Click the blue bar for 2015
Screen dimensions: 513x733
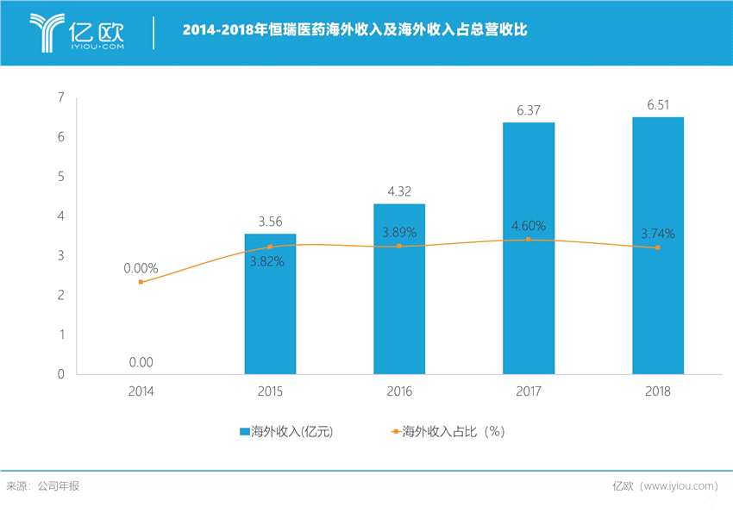270,303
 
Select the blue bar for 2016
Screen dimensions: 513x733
399,289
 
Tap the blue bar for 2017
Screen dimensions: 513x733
529,248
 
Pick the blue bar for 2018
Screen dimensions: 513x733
658,246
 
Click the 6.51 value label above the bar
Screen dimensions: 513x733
658,104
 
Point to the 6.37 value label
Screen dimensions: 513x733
529,109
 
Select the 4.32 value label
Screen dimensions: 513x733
399,191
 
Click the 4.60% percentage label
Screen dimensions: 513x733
529,226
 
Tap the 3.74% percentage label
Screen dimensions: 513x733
658,233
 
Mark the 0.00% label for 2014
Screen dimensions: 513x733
141,268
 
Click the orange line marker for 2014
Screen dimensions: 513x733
141,282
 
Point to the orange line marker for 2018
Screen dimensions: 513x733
658,247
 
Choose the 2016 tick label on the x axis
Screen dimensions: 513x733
399,391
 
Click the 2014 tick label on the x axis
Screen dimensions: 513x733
141,391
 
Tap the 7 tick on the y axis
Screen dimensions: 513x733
61,97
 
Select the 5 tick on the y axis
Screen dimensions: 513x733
61,177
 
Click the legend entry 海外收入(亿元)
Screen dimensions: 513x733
285,431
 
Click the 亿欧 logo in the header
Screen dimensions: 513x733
78,32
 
